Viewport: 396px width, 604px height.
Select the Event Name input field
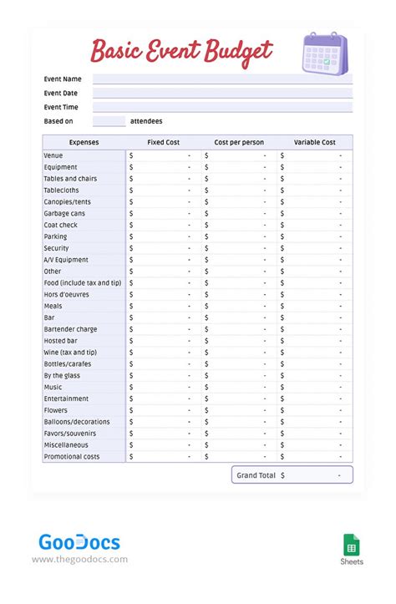pyautogui.click(x=222, y=79)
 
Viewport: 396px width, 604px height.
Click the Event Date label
pyautogui.click(x=61, y=93)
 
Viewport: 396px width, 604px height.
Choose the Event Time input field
pyautogui.click(x=222, y=107)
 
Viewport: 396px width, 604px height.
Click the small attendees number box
pyautogui.click(x=109, y=121)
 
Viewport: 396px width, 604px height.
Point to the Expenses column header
pyautogui.click(x=84, y=143)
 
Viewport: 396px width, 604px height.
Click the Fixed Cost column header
pyautogui.click(x=163, y=143)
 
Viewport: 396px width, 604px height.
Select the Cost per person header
pyautogui.click(x=238, y=143)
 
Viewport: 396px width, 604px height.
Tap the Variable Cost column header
pyautogui.click(x=314, y=143)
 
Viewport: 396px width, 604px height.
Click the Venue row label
pyautogui.click(x=53, y=155)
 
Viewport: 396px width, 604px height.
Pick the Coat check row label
pyautogui.click(x=60, y=225)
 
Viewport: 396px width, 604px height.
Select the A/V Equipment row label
pyautogui.click(x=66, y=260)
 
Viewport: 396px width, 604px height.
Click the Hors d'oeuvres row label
pyautogui.click(x=67, y=294)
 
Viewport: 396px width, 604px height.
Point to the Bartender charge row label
pyautogui.click(x=70, y=329)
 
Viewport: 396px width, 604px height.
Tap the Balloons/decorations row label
pyautogui.click(x=77, y=422)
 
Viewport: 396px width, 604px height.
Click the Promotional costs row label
pyautogui.click(x=72, y=457)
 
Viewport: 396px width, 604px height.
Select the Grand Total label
pyautogui.click(x=256, y=475)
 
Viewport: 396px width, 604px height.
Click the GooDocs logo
pyautogui.click(x=79, y=542)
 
